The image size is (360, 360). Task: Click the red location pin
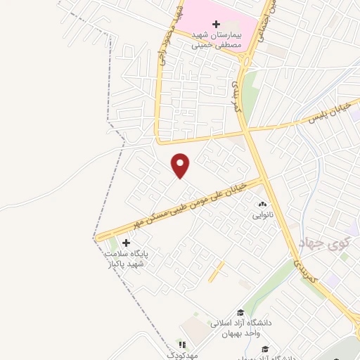click(181, 165)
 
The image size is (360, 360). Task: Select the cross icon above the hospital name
click(216, 24)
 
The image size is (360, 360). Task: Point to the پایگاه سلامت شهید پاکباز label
click(125, 259)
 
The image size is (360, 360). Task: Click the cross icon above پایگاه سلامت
click(126, 243)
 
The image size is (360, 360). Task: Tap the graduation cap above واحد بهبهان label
click(240, 313)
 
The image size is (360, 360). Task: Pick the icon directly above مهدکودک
click(182, 345)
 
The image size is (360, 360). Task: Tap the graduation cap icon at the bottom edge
click(265, 349)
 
